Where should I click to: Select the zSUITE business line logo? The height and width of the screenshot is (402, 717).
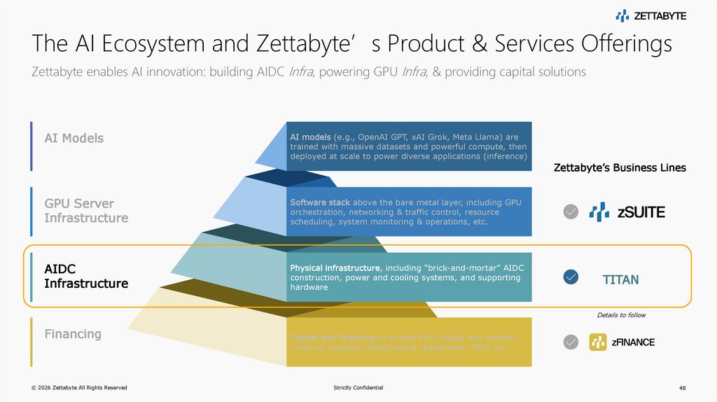(627, 212)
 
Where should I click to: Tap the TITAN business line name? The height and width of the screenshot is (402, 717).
(620, 280)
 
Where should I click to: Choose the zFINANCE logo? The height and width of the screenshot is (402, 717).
(622, 342)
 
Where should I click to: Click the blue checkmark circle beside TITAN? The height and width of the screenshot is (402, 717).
(571, 278)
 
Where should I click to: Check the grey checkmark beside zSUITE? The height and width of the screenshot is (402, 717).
(571, 212)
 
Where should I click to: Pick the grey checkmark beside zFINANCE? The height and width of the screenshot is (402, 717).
(571, 342)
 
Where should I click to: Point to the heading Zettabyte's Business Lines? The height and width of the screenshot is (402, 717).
(620, 168)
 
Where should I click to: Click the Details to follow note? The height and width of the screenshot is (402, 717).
(620, 315)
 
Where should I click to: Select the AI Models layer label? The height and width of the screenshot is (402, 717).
(74, 138)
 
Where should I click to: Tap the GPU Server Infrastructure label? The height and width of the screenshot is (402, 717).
(86, 211)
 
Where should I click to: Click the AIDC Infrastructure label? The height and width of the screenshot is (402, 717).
(86, 277)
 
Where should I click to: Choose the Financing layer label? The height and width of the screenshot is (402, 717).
(73, 334)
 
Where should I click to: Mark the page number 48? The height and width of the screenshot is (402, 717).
(683, 388)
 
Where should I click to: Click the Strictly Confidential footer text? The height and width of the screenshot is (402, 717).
(358, 388)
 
